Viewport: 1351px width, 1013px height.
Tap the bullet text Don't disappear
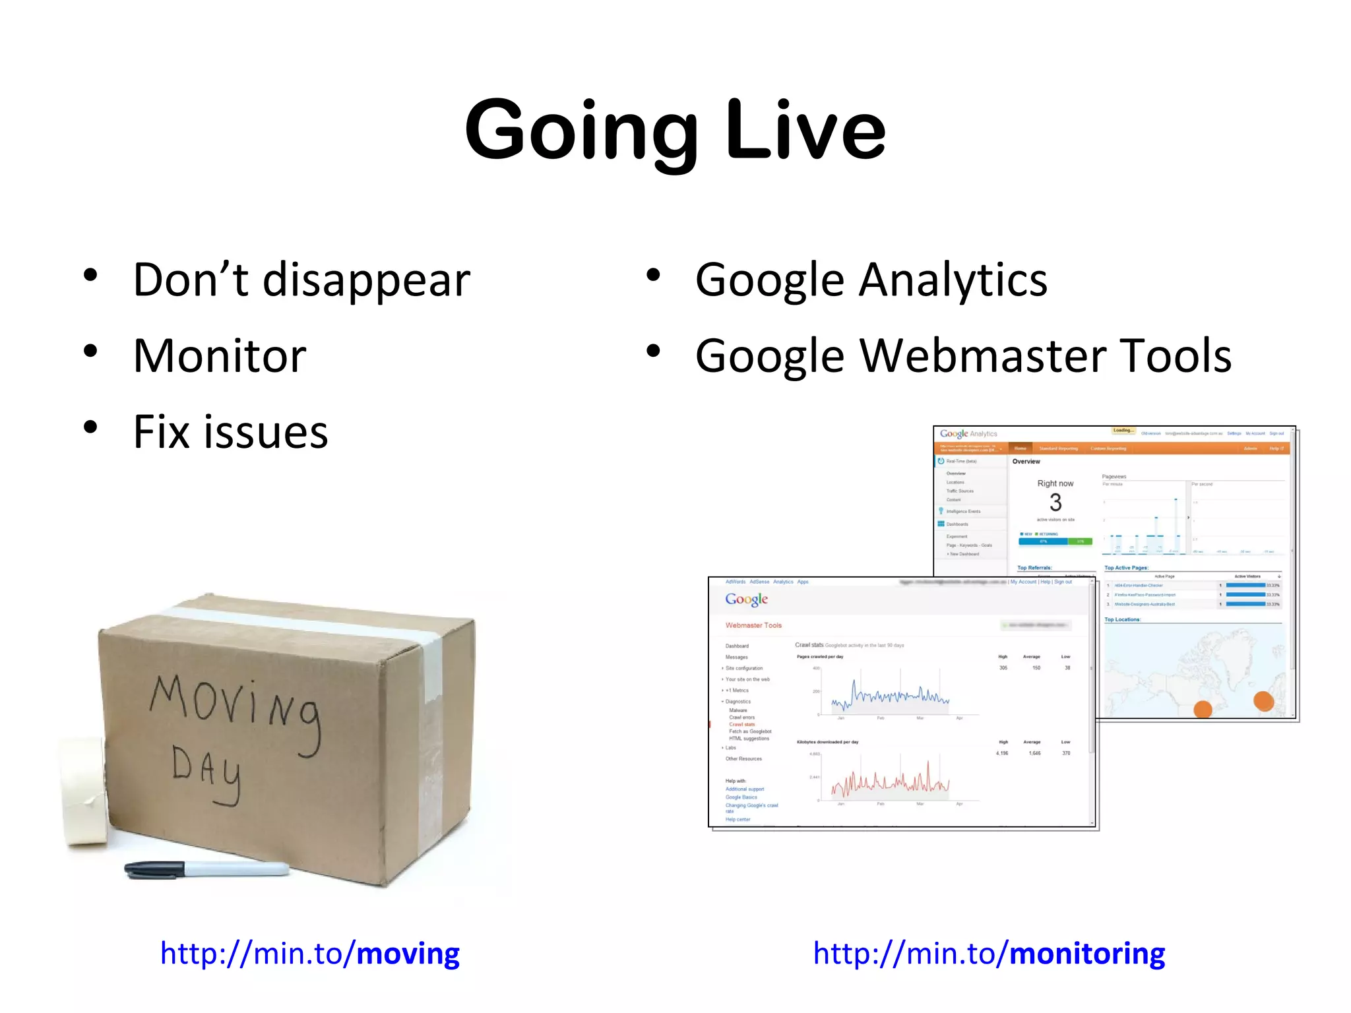point(301,281)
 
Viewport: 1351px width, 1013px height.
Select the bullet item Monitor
point(220,357)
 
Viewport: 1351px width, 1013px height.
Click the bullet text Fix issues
point(230,433)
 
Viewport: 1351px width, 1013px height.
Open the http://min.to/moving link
point(309,954)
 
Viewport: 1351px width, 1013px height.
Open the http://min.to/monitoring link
point(988,954)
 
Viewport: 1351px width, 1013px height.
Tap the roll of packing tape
point(84,791)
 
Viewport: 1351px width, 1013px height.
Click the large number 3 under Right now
point(1055,503)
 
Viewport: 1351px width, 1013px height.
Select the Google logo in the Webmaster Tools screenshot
point(746,599)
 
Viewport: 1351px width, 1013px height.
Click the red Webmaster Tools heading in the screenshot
point(753,625)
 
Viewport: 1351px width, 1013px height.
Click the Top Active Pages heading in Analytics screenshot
point(1126,568)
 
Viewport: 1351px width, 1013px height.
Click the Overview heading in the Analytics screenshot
point(1026,462)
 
